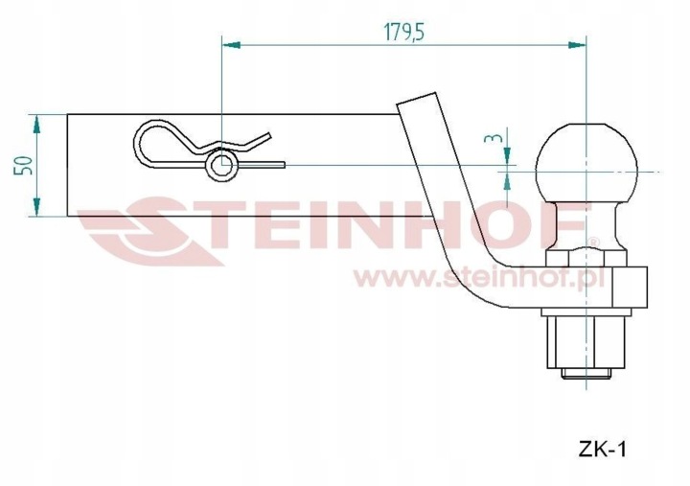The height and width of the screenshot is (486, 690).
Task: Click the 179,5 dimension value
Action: point(404,32)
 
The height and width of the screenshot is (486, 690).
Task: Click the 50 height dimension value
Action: point(23,165)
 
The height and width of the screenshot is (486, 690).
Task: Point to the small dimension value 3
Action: point(493,138)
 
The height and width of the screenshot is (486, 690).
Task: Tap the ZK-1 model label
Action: point(602,450)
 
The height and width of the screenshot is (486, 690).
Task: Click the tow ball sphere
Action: point(586,164)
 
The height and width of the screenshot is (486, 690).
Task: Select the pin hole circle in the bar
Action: point(221,165)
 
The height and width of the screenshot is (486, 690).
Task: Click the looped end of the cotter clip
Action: point(140,143)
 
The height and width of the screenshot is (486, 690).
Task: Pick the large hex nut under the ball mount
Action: point(586,342)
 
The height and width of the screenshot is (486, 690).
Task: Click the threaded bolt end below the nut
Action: point(586,374)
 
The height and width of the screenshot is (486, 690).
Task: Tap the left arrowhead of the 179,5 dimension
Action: point(231,45)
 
